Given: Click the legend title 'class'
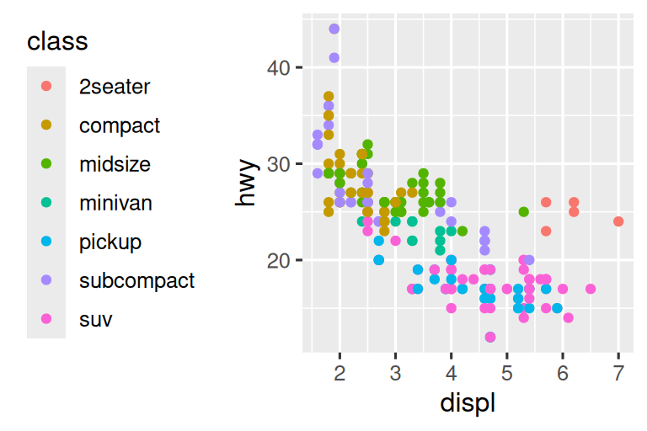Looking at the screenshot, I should point(57,40).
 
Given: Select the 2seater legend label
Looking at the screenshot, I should point(115,86).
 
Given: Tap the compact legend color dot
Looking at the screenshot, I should point(46,125).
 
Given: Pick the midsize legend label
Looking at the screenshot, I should point(115,163).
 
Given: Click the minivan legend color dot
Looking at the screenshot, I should point(46,203).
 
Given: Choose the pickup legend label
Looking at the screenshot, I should point(110,242).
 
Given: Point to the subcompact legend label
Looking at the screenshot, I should point(136,280).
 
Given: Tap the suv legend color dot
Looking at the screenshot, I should point(46,320).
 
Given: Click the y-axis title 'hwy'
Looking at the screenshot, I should point(246,184).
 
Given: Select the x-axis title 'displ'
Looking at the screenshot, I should point(468,403).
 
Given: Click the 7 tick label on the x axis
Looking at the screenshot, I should point(618,373).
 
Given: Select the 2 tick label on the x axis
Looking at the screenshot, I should point(340,373).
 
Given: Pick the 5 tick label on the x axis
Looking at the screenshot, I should point(506,373).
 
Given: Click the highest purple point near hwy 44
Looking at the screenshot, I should point(334,29).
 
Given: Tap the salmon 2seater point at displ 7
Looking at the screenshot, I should point(618,221).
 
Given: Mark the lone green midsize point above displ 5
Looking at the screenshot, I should point(523,212).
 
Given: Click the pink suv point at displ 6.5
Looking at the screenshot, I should point(591,289).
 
